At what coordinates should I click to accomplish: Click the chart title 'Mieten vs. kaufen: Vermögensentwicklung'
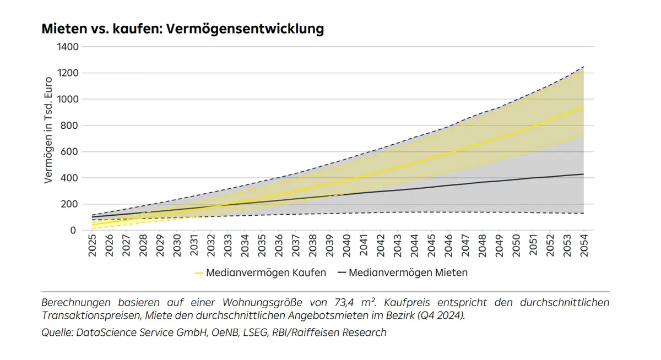182,29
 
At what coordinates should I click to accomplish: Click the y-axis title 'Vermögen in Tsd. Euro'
48,138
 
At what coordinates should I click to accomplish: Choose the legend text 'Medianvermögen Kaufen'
266,272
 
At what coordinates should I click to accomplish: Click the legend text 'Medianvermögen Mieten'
408,272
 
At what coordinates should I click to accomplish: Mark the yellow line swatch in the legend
199,272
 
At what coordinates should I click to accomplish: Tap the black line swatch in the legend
342,272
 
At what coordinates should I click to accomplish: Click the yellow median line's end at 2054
583,107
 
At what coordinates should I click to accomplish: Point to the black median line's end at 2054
583,174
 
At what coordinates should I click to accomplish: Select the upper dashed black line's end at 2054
583,67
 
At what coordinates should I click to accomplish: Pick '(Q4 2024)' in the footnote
441,315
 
